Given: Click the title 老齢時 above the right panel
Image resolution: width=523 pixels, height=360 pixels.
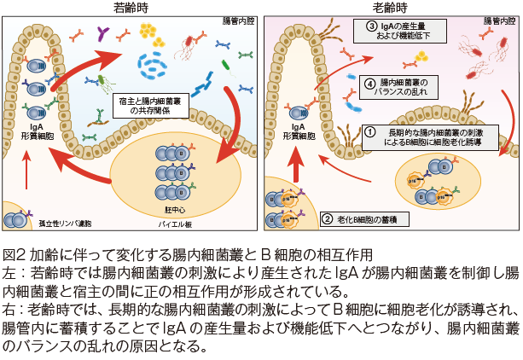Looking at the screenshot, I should click(389, 7).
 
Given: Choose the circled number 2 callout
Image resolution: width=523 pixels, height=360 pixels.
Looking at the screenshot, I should click(327, 218).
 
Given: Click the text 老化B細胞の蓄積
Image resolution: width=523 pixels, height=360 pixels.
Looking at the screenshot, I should click(368, 218).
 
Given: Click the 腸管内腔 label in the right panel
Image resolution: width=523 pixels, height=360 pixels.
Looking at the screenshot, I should click(499, 19).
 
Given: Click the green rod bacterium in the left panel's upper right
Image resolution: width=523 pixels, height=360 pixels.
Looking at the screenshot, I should click(226, 65).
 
